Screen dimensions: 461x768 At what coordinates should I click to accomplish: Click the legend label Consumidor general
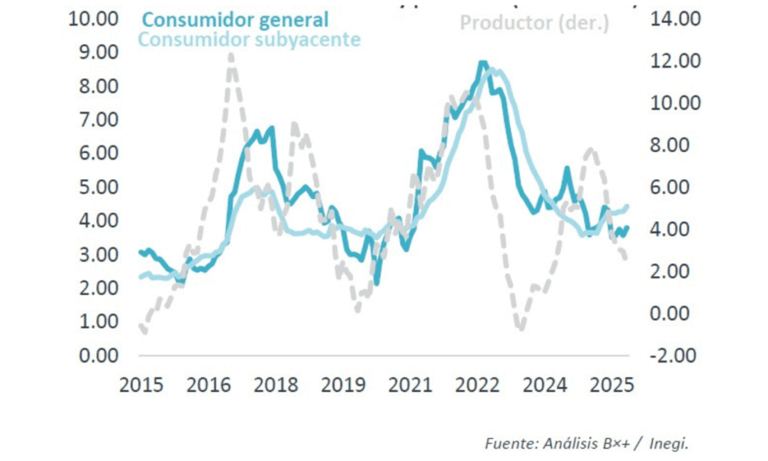click(x=236, y=19)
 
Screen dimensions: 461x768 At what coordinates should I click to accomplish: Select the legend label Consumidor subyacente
click(x=250, y=39)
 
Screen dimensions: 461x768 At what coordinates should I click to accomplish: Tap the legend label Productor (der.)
click(x=535, y=23)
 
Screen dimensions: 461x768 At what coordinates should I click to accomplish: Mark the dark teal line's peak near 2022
click(x=482, y=63)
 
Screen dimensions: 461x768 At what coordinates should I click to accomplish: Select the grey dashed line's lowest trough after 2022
click(x=521, y=327)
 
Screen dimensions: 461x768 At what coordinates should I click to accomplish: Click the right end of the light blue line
click(x=627, y=206)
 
